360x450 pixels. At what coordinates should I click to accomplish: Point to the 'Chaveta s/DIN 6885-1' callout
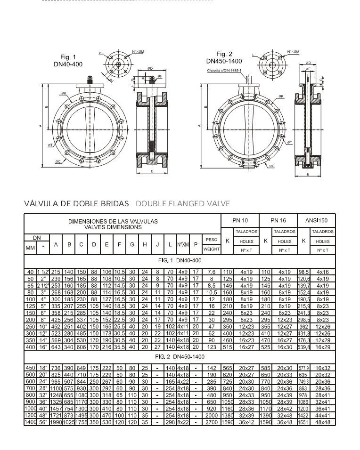[x=224, y=71]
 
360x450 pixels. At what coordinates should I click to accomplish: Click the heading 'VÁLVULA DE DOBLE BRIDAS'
[x=76, y=204]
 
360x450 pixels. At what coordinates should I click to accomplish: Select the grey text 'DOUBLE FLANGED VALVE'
[x=183, y=204]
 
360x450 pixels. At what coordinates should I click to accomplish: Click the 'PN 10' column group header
[x=240, y=220]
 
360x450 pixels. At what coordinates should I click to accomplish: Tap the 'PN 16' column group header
[x=278, y=220]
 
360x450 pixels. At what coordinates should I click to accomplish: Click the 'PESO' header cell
[x=211, y=240]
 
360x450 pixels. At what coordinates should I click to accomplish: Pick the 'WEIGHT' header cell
[x=211, y=249]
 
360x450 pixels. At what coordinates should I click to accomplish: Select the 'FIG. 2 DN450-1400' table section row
[x=180, y=357]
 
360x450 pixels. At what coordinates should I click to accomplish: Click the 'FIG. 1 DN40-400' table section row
[x=180, y=260]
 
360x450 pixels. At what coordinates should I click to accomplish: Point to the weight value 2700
[x=211, y=423]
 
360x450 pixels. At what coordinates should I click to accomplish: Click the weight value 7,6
[x=211, y=272]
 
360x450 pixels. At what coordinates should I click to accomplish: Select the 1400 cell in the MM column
[x=30, y=423]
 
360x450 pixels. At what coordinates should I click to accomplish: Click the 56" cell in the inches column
[x=43, y=423]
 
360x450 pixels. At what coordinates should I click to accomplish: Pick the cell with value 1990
[x=56, y=423]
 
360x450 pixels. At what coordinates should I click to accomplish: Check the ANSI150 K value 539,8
[x=304, y=347]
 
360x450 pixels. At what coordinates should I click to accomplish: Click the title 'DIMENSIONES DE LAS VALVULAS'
[x=113, y=221]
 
